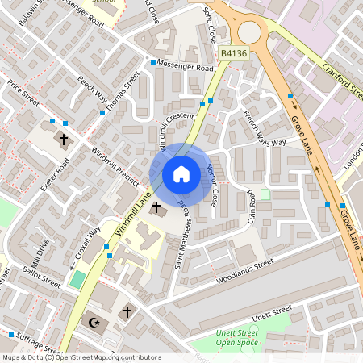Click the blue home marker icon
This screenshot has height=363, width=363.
(181, 174)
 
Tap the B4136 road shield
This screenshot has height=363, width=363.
(234, 53)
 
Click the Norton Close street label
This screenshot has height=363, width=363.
(212, 182)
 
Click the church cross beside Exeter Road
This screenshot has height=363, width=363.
(64, 139)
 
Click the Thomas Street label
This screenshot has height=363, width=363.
(123, 90)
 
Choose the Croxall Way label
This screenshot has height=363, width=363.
(88, 241)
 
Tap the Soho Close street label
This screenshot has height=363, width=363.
(209, 26)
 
